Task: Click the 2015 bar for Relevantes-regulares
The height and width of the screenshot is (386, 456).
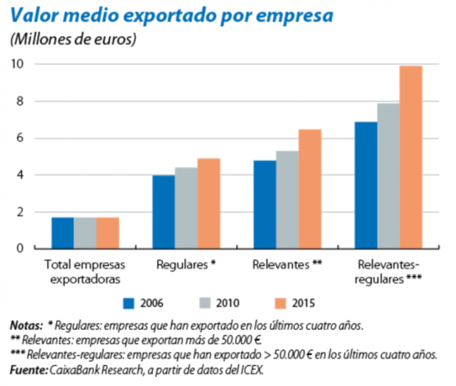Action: [411, 157]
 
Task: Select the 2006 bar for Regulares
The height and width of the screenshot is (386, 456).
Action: [164, 212]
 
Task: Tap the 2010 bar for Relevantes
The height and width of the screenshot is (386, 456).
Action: [288, 200]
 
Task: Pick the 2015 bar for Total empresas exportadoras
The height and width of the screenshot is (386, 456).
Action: [108, 233]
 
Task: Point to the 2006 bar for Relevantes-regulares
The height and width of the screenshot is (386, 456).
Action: [366, 185]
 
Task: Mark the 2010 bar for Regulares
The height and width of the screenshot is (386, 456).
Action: [186, 208]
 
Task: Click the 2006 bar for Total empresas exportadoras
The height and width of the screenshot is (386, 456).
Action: [63, 233]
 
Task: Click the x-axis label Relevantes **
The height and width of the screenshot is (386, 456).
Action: [287, 263]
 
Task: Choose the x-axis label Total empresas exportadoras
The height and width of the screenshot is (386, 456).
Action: [85, 270]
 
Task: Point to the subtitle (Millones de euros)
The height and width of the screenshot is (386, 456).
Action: [74, 39]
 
